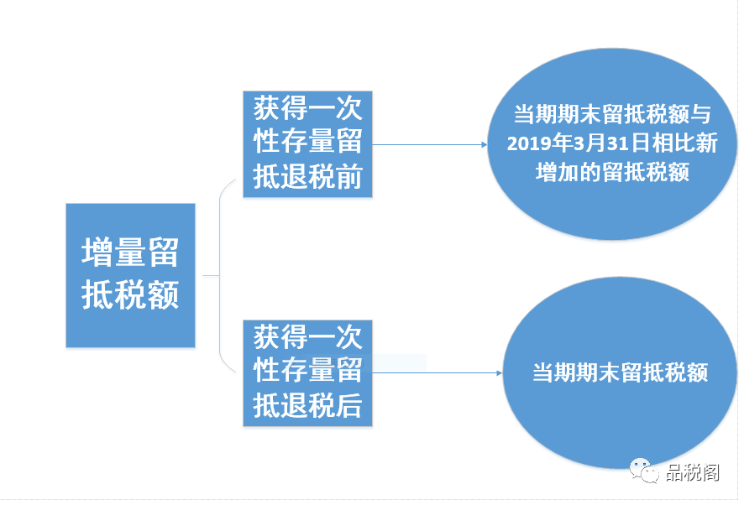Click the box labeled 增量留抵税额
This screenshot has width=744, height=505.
coord(130,275)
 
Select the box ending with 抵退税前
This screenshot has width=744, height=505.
coord(307,144)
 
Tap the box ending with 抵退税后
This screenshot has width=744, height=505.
coord(307,372)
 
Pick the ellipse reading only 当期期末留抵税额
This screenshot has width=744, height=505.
coord(620,372)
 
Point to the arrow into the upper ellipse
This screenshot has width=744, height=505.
coord(428,144)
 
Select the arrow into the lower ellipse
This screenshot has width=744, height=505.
coord(437,372)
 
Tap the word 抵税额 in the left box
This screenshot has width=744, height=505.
coord(130,295)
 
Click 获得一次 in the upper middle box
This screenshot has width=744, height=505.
coord(307,109)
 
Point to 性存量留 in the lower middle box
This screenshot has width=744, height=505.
coord(307,372)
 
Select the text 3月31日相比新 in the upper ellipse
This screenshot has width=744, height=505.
coord(644,143)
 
